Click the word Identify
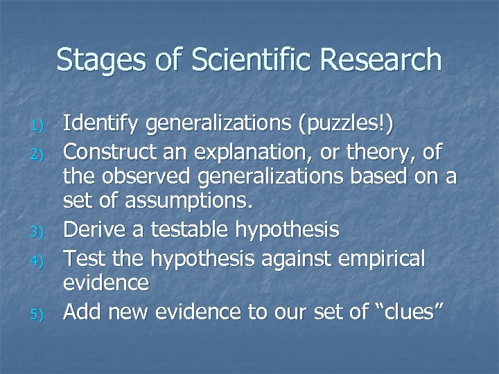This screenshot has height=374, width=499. [x=96, y=125]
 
